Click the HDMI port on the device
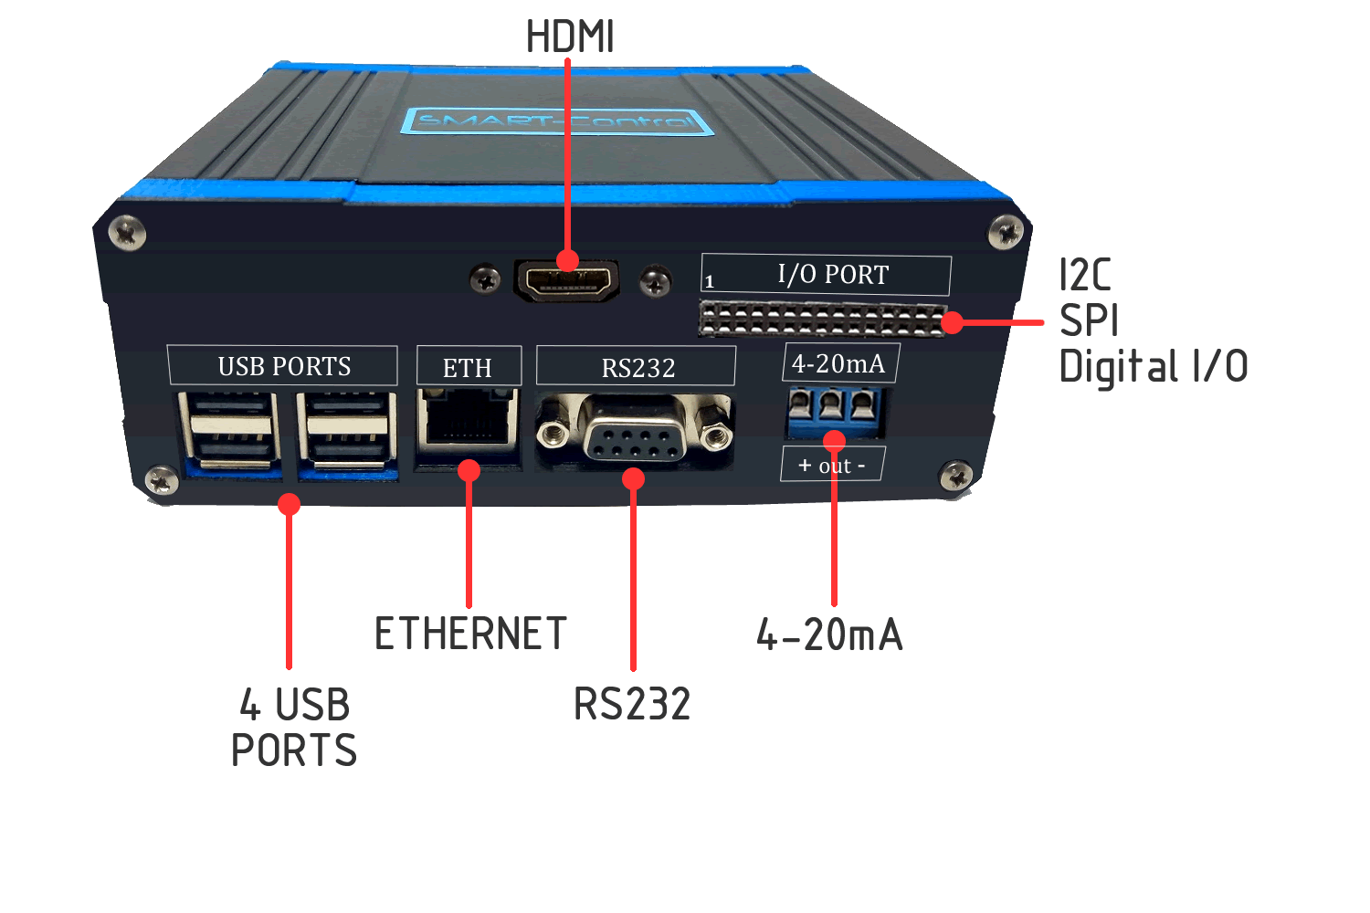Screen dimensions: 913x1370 [567, 280]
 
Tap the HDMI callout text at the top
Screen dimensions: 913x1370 [570, 37]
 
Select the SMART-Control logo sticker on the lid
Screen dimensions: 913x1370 [556, 121]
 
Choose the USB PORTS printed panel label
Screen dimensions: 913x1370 [283, 366]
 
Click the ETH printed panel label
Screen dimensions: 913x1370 [468, 367]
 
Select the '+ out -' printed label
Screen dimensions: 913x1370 [831, 466]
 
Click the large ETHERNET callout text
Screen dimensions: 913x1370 [470, 634]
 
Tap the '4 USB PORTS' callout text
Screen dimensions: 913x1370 [293, 728]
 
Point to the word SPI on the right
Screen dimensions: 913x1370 [1089, 320]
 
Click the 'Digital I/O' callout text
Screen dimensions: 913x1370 [1153, 367]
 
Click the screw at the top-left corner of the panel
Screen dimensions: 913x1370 [127, 232]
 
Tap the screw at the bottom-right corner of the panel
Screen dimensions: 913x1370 [956, 476]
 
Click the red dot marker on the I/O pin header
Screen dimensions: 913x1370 [952, 322]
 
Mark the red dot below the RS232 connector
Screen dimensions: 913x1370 [634, 478]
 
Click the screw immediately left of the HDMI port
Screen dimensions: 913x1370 [485, 278]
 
